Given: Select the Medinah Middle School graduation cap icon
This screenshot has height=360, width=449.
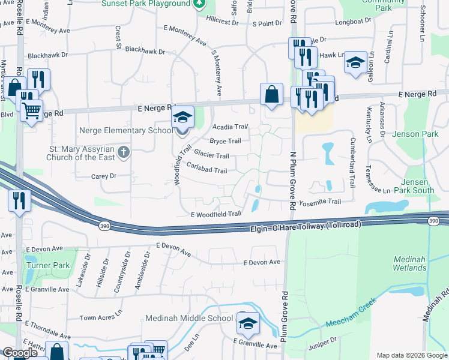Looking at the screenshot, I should coord(247,323).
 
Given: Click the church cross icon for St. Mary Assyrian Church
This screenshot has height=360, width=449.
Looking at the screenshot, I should coord(124,151).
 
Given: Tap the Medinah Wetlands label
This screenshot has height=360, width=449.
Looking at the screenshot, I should coord(410,263).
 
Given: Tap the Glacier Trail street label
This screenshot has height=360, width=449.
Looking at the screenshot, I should coord(211,155).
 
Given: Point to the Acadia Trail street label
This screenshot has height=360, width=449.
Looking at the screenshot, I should coord(231,127).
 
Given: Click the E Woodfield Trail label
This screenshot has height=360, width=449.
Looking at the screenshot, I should coord(216,214).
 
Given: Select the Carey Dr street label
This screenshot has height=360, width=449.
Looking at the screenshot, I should coord(103,176).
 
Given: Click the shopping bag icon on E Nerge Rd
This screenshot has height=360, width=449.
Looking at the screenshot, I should coord(271,94).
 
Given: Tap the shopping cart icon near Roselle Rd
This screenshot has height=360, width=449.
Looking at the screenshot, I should coord(31,110).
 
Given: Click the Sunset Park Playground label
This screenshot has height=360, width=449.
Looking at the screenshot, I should coord(146,4).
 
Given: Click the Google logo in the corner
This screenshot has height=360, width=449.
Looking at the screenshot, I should coord(20,353).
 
